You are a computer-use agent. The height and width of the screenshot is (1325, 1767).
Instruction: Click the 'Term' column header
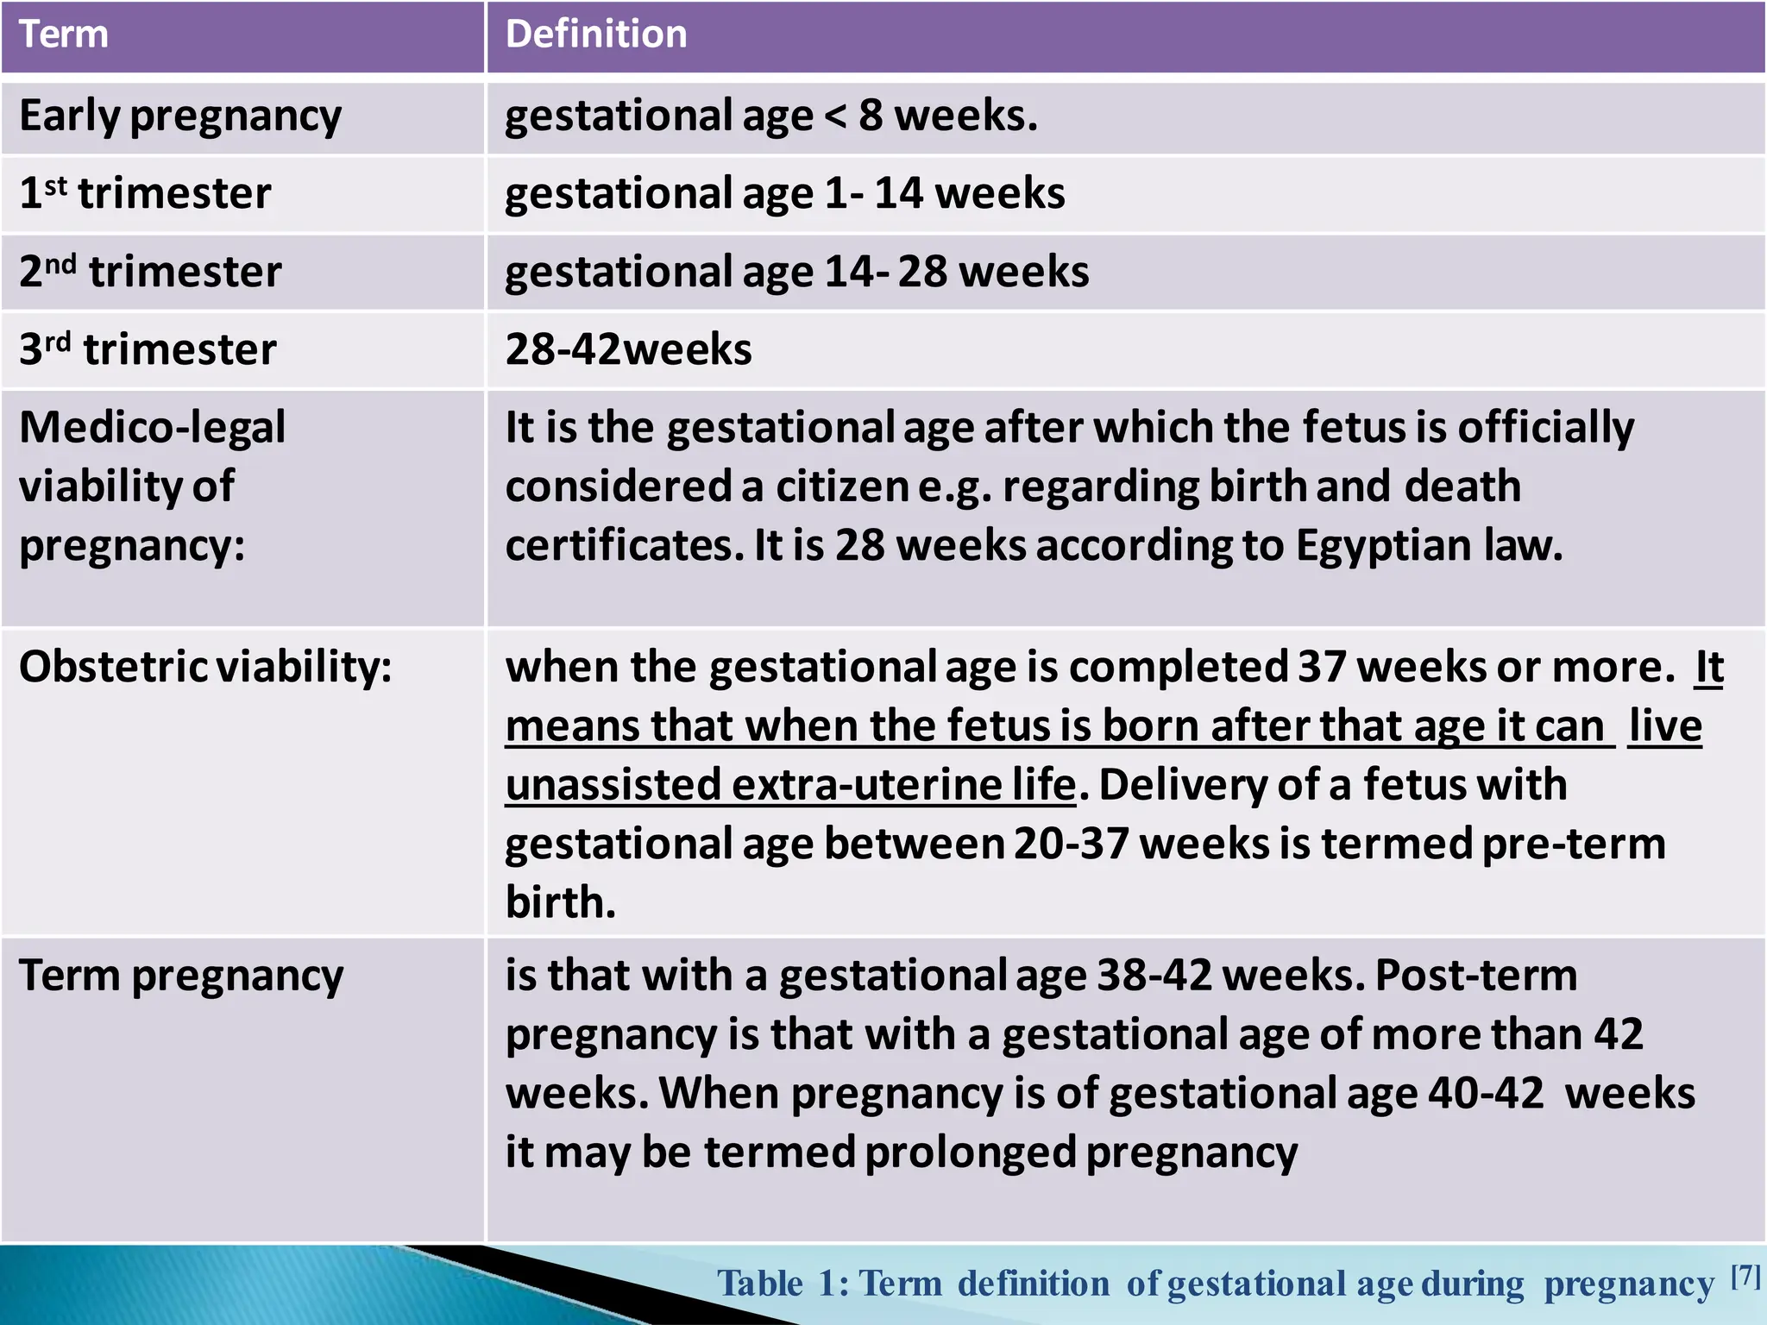pos(64,35)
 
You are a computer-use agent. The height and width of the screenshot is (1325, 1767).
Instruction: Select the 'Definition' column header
pos(596,35)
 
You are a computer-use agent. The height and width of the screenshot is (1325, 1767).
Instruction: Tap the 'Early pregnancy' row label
pos(180,116)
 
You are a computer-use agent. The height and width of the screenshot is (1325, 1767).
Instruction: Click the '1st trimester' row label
pos(145,192)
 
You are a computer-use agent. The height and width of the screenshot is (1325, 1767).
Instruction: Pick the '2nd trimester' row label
pos(150,271)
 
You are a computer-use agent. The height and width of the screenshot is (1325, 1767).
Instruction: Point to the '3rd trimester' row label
pos(148,349)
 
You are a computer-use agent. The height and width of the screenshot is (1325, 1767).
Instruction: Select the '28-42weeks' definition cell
pos(628,349)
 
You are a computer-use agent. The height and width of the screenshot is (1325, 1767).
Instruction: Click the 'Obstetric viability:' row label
pos(205,667)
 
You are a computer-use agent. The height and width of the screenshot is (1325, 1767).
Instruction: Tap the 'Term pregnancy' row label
pos(181,976)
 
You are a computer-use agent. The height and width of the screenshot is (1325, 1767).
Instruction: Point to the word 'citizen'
pos(842,487)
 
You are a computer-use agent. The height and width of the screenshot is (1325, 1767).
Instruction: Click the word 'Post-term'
pos(1475,976)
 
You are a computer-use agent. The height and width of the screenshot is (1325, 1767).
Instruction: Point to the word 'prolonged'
pos(970,1152)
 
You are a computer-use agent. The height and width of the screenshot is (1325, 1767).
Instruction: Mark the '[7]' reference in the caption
pos(1745,1276)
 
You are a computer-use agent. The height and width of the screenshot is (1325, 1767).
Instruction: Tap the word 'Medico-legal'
pos(152,428)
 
